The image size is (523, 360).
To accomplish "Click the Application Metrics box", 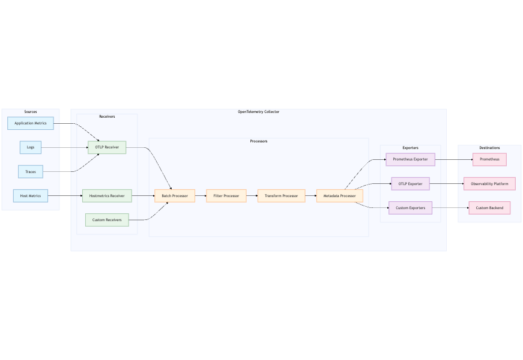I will tap(31, 123).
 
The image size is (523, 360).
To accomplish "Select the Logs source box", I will tap(31, 147).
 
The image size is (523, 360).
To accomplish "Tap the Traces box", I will tap(31, 172).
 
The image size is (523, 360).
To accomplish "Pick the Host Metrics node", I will tap(31, 196).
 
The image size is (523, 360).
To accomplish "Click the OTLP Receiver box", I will tap(107, 147).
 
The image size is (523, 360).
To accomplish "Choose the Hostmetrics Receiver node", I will tap(107, 196).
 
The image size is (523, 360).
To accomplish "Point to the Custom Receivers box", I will tap(107, 220).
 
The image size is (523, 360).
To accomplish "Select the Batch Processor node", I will tap(175, 196).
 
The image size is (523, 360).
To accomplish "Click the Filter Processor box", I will tap(226, 196).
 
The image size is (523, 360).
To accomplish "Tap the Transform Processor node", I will tap(282, 196).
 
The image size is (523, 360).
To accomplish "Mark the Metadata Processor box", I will tap(340, 196).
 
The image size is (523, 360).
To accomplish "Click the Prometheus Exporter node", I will tap(410, 159).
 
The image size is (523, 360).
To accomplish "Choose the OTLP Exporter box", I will tap(410, 184).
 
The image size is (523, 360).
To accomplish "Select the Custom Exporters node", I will tap(410, 208).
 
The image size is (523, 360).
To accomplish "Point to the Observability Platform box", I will tap(489, 184).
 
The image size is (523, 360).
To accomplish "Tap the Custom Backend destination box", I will tap(489, 208).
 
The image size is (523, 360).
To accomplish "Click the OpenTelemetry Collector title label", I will tap(258, 112).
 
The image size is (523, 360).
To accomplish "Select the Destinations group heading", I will tap(489, 148).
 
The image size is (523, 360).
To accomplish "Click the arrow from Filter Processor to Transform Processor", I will tap(252, 196).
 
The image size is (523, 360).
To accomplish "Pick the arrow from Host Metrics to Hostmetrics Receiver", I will tap(65, 196).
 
